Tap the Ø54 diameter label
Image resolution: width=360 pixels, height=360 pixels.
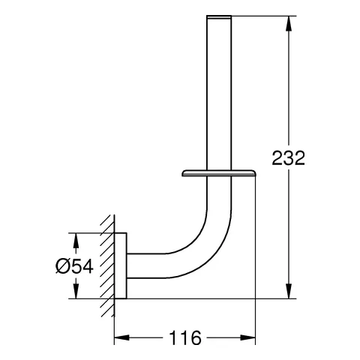click(x=73, y=266)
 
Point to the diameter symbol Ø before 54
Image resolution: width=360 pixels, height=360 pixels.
click(x=62, y=266)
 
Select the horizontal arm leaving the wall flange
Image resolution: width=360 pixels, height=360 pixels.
click(x=150, y=261)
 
